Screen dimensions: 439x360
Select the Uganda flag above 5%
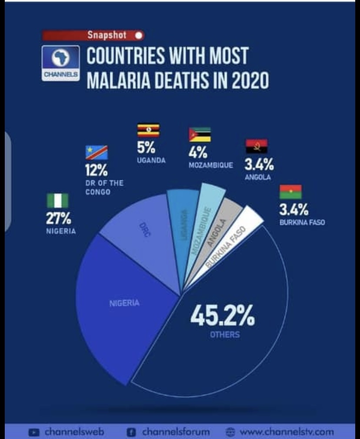(x=148, y=131)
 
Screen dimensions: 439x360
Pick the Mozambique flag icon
(x=200, y=134)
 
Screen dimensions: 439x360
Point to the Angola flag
(x=257, y=146)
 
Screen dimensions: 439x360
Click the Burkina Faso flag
(x=290, y=192)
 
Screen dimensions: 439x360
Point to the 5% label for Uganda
(x=147, y=147)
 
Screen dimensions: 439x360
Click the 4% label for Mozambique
(x=198, y=153)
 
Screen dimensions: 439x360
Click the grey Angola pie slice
(x=222, y=226)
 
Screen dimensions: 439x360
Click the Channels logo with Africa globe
(x=61, y=62)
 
